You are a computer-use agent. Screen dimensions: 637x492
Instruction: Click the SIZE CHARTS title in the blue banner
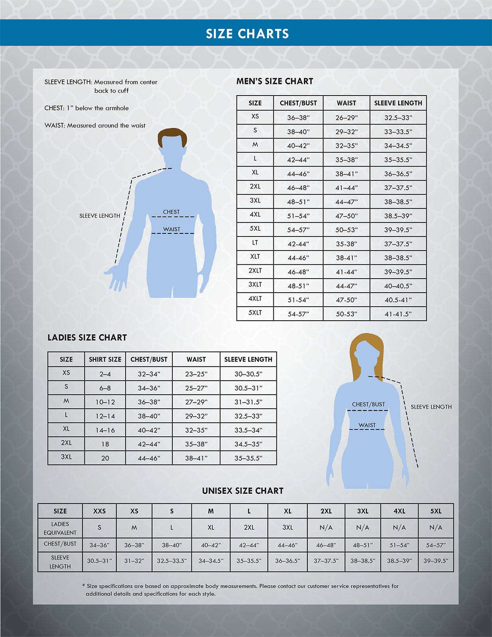click(247, 34)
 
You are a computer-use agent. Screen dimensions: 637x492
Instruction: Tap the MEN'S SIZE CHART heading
click(275, 81)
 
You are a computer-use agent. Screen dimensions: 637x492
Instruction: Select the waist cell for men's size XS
click(346, 118)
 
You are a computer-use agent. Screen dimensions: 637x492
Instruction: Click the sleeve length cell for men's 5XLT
click(398, 314)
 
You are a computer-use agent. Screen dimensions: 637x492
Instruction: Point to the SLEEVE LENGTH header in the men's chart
click(398, 103)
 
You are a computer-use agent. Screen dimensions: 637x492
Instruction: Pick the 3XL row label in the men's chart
click(255, 200)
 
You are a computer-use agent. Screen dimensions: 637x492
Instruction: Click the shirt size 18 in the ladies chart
click(105, 444)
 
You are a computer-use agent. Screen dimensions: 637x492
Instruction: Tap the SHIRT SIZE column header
click(105, 359)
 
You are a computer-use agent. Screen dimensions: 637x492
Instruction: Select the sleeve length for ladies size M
click(248, 402)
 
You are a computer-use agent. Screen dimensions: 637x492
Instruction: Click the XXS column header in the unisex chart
click(99, 511)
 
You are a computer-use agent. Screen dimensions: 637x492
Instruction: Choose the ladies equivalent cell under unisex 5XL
click(436, 527)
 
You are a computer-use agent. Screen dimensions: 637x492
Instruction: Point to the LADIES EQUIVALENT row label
click(60, 528)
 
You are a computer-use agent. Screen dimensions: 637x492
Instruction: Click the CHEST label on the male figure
click(171, 212)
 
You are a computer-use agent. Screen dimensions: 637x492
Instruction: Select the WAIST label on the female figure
click(367, 425)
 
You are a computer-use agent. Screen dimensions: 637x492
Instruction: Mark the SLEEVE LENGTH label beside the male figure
click(99, 216)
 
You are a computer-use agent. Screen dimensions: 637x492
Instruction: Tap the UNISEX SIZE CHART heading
click(242, 490)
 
